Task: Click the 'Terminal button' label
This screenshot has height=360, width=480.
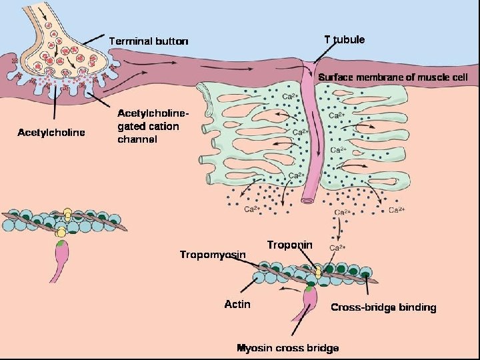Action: point(149,41)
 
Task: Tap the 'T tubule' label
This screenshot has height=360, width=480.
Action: point(344,39)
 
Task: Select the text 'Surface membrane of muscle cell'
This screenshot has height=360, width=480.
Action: point(393,77)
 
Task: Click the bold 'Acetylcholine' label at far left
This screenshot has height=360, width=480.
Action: point(51,132)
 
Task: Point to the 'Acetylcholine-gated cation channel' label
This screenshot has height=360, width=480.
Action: point(149,126)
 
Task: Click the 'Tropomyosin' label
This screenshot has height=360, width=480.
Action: point(213,254)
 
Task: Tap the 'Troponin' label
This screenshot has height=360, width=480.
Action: point(289,245)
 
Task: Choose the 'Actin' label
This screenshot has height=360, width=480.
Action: point(237,304)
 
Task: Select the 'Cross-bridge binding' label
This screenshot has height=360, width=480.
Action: point(383,307)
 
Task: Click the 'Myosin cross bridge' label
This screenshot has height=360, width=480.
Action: point(288,348)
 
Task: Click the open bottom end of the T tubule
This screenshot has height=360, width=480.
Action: point(309,199)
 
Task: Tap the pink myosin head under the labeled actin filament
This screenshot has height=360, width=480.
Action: point(310,297)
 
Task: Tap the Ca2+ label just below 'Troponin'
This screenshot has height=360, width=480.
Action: point(337,248)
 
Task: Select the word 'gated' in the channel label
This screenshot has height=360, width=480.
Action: point(132,126)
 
